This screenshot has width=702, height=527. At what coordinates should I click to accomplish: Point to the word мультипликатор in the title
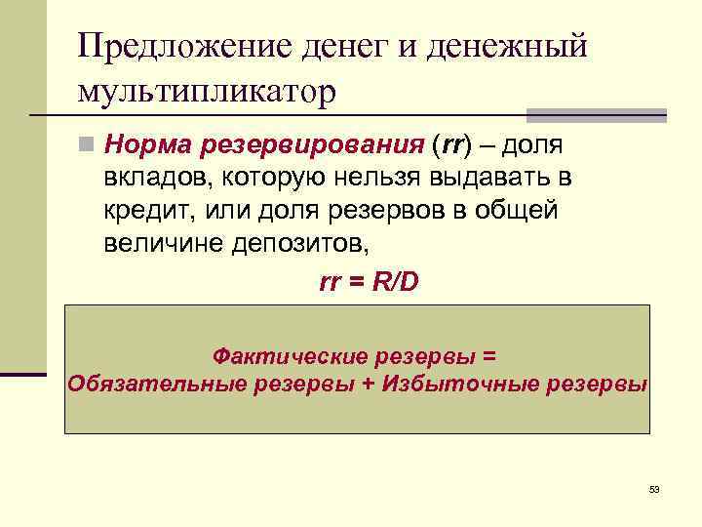[206, 93]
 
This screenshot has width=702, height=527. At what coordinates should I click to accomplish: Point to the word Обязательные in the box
[156, 383]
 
